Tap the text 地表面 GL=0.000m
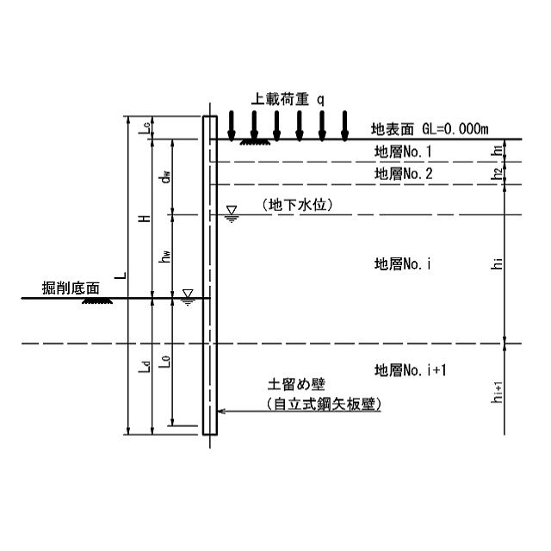click(429, 129)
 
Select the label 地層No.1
click(403, 152)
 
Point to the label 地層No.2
click(403, 174)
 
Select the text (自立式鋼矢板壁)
click(322, 404)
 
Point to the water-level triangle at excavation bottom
click(188, 297)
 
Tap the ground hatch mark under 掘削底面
click(95, 302)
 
